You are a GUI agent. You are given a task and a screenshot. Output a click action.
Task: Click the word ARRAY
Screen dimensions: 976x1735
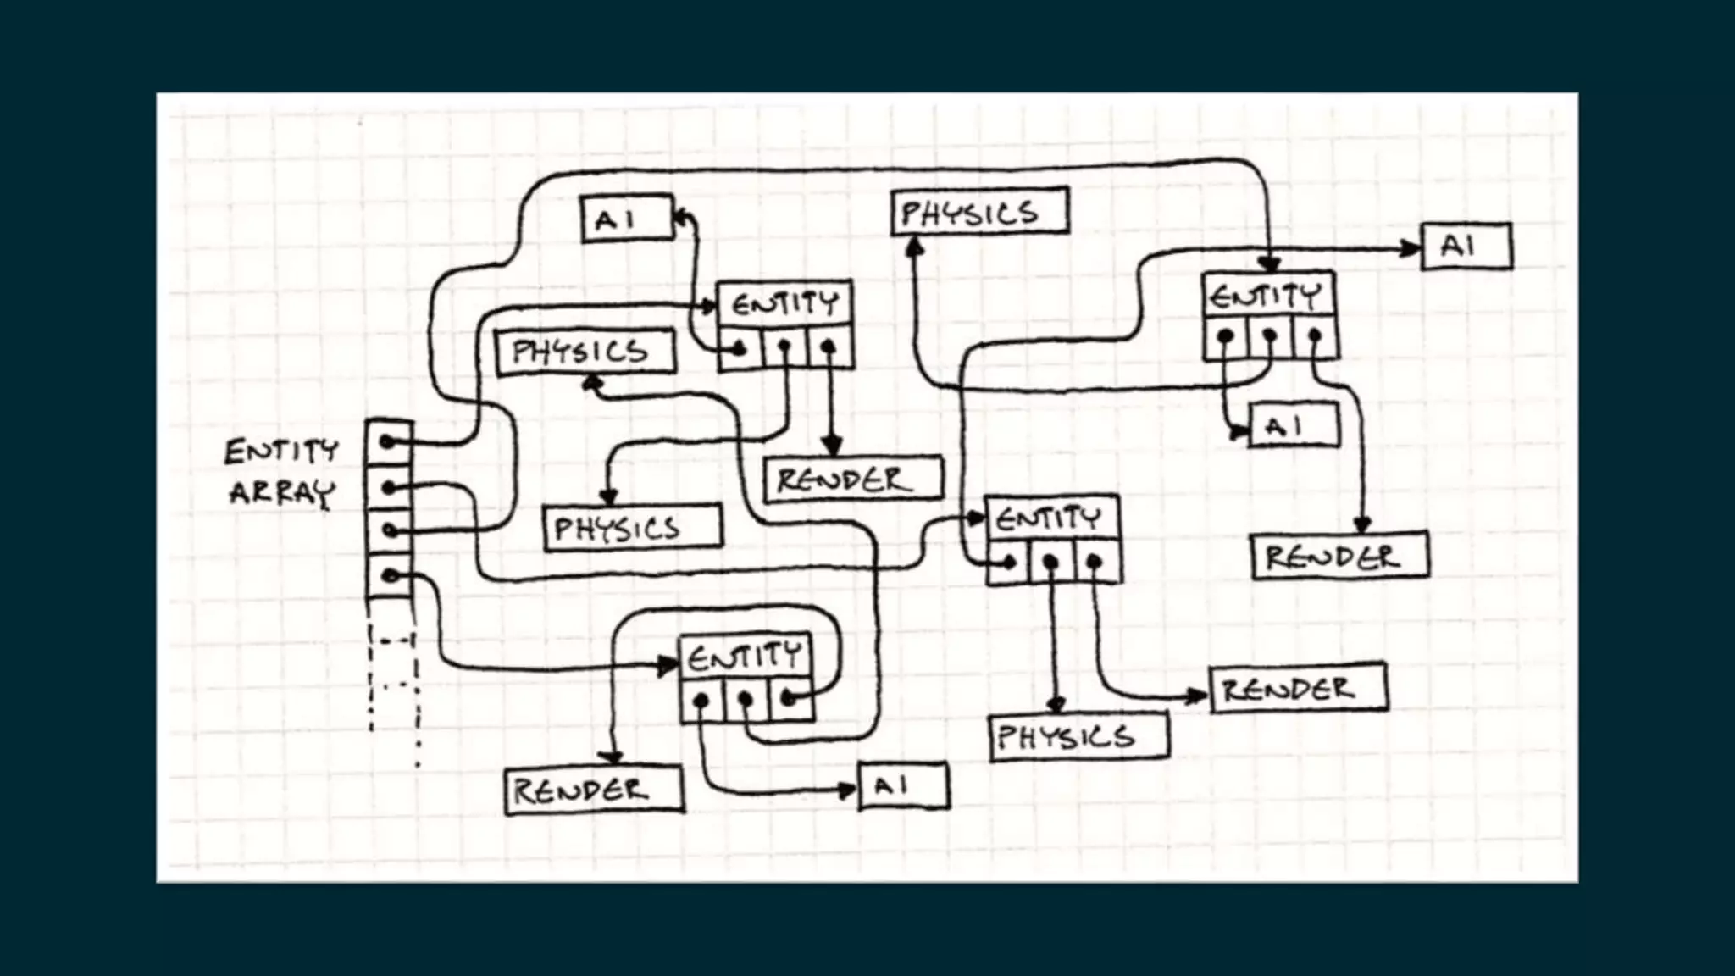(x=282, y=493)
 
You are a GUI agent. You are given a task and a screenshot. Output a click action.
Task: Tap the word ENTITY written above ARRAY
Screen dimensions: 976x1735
(x=281, y=451)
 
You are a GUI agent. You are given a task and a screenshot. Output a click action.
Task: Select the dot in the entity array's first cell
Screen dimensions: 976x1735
(x=387, y=442)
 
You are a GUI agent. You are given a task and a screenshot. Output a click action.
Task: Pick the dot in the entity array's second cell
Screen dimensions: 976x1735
(x=388, y=488)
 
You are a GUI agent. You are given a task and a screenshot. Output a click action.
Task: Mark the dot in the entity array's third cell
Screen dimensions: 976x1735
(x=389, y=531)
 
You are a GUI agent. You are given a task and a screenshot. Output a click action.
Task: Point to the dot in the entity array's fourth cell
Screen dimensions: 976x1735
(x=389, y=576)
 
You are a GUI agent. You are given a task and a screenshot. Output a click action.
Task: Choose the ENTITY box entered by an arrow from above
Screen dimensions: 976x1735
(x=1268, y=296)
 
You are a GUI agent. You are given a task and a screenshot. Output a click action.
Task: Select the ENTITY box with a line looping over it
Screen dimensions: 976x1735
(x=745, y=657)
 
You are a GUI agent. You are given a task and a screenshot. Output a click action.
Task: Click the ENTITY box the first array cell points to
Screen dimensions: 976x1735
(x=784, y=303)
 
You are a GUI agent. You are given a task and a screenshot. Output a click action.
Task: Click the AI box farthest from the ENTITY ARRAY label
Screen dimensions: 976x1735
(x=1466, y=247)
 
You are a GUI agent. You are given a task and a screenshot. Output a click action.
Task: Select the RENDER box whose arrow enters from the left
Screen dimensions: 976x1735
(x=1299, y=689)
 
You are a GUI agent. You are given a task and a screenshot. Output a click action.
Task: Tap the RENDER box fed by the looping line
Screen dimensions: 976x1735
(x=593, y=790)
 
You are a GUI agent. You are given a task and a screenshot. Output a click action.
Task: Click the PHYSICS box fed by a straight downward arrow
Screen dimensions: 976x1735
(x=1078, y=736)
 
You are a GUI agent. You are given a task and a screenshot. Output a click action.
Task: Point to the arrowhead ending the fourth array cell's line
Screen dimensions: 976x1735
(x=669, y=667)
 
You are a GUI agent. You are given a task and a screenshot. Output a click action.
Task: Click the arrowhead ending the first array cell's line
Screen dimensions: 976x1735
(x=710, y=306)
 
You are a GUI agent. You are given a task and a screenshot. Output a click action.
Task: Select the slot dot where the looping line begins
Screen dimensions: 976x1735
(x=789, y=699)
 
